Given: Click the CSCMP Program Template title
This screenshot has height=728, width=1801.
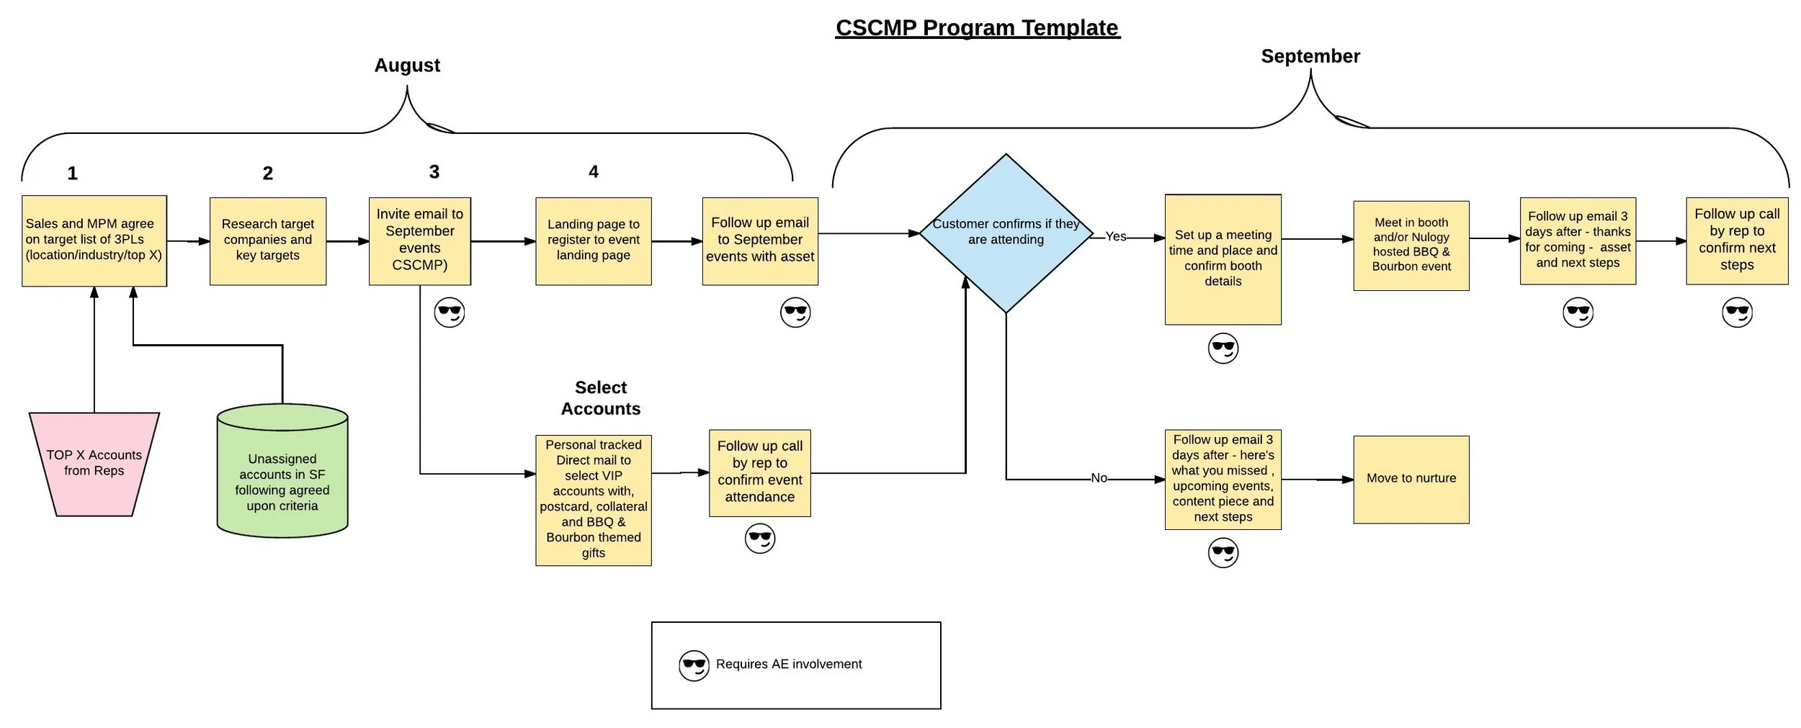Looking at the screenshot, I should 977,28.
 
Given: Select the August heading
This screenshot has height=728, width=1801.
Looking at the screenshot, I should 407,66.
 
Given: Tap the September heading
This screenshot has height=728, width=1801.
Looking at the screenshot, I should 1310,56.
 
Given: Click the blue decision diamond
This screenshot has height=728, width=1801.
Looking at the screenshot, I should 1006,233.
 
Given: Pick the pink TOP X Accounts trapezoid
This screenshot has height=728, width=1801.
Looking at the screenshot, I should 94,464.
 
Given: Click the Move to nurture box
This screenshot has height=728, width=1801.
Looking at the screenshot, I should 1411,479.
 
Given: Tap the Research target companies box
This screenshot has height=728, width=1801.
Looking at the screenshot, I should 267,241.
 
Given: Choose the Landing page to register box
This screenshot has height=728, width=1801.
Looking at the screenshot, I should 593,241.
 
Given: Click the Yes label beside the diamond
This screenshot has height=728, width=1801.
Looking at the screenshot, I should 1115,237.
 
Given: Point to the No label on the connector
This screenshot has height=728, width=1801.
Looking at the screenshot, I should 1099,478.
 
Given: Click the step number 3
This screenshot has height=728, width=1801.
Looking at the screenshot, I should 434,172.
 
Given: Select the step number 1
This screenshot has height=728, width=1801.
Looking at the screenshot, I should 72,174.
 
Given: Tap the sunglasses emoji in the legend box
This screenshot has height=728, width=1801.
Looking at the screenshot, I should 694,665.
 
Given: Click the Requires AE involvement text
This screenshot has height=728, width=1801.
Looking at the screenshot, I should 788,664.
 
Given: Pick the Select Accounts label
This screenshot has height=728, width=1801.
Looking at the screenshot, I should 600,398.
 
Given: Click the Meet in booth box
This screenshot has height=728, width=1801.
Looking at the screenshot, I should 1411,245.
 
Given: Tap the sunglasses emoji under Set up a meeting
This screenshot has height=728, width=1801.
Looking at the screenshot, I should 1223,349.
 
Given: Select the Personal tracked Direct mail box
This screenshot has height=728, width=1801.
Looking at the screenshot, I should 593,500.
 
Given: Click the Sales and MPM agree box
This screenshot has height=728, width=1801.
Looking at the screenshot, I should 94,241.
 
